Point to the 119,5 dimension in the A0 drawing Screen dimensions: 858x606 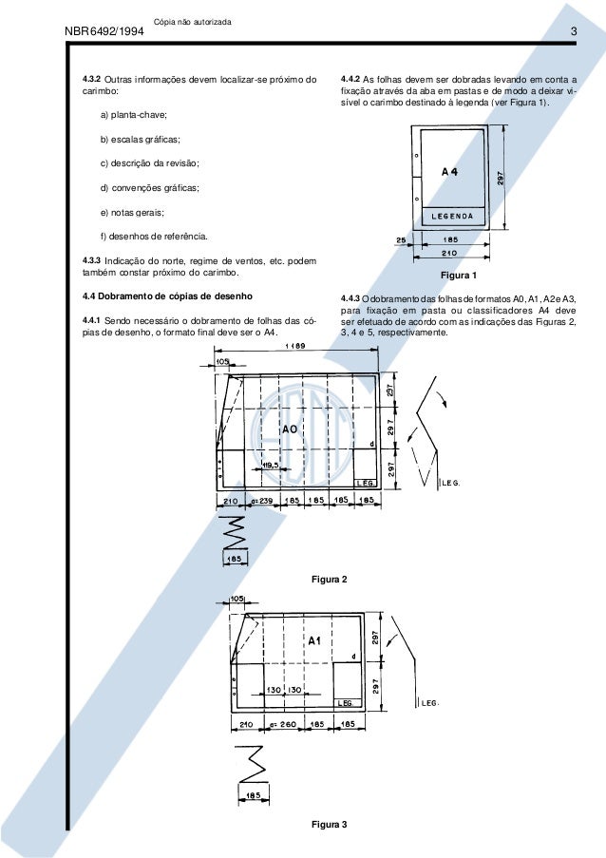(x=270, y=465)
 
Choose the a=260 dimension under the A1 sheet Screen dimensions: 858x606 (x=282, y=725)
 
